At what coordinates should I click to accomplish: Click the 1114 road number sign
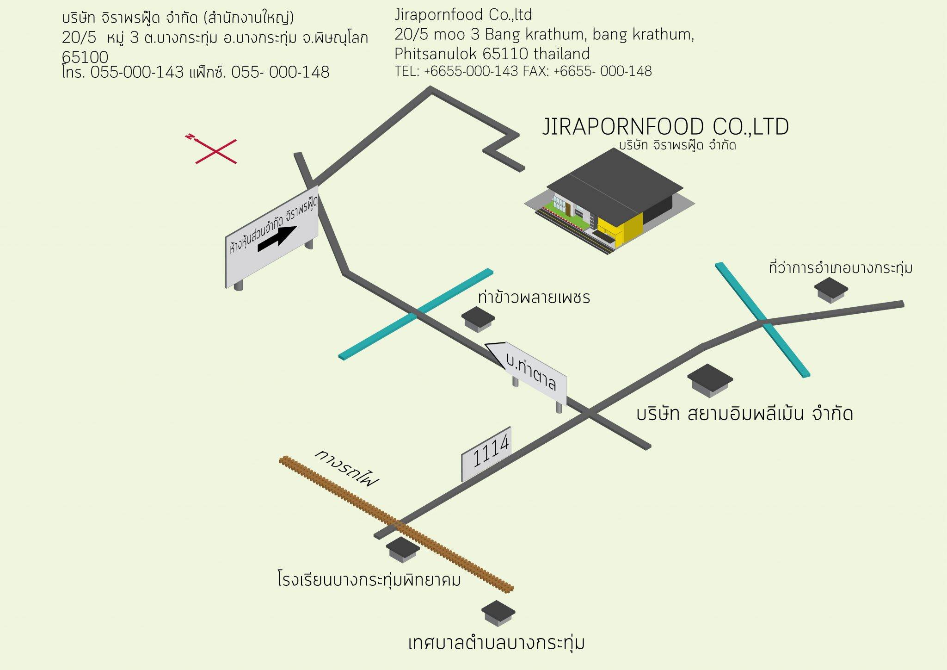[x=486, y=454]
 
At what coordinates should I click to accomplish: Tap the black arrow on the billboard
[x=277, y=239]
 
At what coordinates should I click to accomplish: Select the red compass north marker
[x=191, y=137]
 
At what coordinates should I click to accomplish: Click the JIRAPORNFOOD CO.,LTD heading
[x=665, y=127]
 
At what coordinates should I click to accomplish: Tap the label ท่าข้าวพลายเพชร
[x=534, y=297]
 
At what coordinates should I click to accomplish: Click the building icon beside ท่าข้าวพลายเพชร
[x=478, y=319]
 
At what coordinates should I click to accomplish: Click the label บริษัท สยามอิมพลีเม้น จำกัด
[x=744, y=413]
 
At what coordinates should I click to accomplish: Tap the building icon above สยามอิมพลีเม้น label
[x=710, y=380]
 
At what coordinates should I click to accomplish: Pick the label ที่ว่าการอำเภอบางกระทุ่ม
[x=841, y=268]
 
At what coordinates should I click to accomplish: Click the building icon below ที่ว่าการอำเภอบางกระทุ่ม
[x=831, y=290]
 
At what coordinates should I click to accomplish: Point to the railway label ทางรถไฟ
[x=346, y=467]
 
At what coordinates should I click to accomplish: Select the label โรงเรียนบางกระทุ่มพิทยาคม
[x=369, y=579]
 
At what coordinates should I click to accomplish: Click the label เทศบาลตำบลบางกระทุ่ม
[x=496, y=643]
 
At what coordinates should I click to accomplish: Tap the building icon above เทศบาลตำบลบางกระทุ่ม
[x=498, y=614]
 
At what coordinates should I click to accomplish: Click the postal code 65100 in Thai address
[x=85, y=57]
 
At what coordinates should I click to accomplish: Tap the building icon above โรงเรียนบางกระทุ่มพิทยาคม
[x=403, y=550]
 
